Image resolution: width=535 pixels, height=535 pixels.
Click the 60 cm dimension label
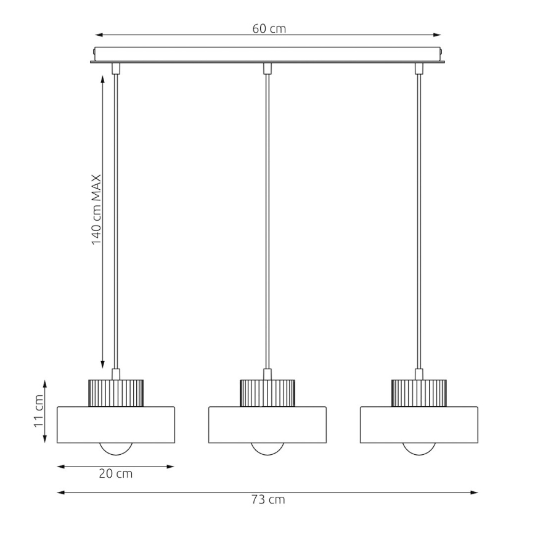click(269, 28)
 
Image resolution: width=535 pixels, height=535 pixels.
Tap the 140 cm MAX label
click(96, 210)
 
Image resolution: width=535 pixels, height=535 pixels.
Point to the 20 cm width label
click(116, 474)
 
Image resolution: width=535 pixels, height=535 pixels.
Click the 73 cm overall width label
click(268, 500)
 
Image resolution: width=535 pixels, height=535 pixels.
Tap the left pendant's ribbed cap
click(116, 393)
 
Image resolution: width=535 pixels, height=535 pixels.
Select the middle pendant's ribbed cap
click(266, 393)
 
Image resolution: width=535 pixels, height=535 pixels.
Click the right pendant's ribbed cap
click(419, 393)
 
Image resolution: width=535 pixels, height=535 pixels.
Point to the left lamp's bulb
click(116, 449)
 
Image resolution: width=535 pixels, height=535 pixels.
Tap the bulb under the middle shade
click(266, 449)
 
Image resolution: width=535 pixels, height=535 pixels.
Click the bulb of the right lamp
click(419, 449)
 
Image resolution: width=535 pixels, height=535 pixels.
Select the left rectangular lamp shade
click(116, 425)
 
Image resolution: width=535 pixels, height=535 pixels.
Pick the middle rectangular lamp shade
click(266, 425)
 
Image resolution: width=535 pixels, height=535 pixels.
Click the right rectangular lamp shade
click(419, 425)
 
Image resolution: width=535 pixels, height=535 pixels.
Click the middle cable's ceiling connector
click(267, 68)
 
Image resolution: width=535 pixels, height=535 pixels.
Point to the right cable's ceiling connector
click(419, 68)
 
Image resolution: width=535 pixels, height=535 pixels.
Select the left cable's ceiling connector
click(115, 68)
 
